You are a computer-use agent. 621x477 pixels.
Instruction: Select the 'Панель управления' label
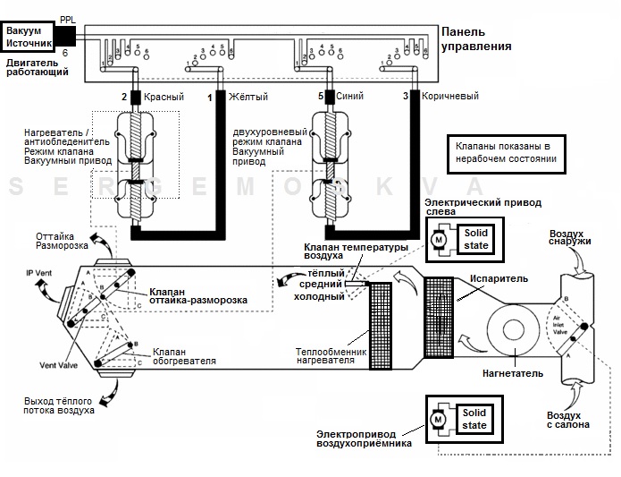click(x=477, y=38)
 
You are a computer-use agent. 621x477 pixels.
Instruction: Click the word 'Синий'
click(x=349, y=95)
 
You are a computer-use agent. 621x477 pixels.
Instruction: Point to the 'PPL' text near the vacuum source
click(x=68, y=18)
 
